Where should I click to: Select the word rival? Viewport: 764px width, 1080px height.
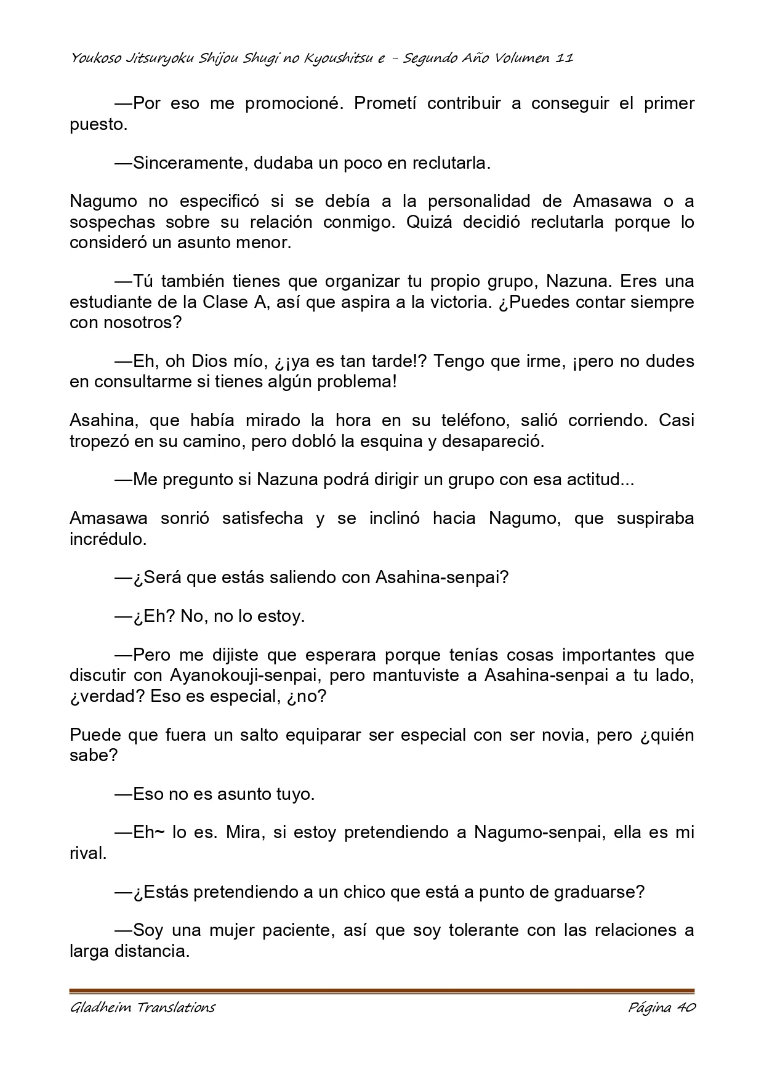point(86,854)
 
